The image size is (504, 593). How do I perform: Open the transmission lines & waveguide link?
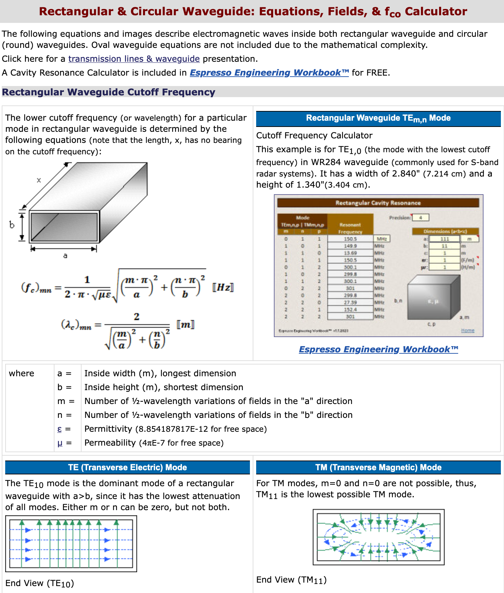click(134, 59)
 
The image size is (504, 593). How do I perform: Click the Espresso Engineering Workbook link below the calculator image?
click(378, 349)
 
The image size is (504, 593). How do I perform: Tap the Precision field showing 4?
click(420, 218)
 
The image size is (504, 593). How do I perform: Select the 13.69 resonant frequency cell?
click(350, 253)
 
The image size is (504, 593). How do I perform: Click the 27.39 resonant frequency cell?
click(350, 302)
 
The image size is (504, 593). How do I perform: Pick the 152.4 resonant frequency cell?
click(350, 309)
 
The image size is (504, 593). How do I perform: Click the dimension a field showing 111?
click(445, 239)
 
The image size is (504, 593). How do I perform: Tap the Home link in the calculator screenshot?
click(468, 330)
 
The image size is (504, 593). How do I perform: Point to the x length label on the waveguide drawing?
click(39, 180)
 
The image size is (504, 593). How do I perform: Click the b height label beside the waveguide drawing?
click(12, 225)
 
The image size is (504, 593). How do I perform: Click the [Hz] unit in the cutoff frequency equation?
click(223, 287)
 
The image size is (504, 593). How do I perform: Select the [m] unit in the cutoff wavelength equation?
click(185, 325)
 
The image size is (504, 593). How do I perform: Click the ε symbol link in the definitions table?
click(59, 429)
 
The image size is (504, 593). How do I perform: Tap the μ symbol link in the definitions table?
click(60, 443)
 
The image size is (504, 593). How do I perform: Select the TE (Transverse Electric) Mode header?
click(127, 467)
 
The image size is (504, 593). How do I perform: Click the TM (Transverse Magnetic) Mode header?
click(378, 467)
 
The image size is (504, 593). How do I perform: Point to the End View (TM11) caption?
click(291, 580)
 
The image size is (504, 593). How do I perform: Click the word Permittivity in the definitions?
click(108, 429)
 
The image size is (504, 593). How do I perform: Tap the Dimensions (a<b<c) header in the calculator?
click(445, 231)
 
